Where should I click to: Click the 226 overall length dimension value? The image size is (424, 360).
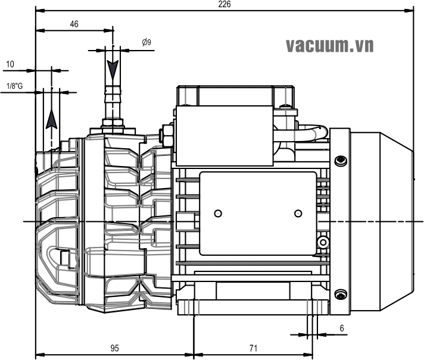(x=225, y=4)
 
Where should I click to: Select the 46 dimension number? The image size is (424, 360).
(x=74, y=24)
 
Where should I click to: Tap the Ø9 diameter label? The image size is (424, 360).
(x=147, y=42)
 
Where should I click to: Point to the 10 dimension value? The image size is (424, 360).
(x=10, y=64)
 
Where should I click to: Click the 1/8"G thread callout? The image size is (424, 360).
(x=15, y=86)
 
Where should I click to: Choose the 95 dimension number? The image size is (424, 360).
(x=114, y=348)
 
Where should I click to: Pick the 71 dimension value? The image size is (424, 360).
(x=253, y=348)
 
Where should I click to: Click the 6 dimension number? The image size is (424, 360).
(x=342, y=328)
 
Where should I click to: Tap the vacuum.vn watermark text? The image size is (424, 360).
(x=330, y=45)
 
